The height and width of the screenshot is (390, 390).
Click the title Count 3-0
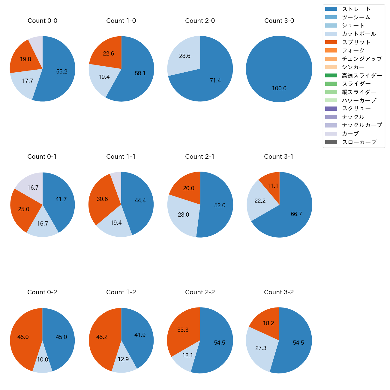(279, 21)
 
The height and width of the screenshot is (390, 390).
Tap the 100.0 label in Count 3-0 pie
(279, 88)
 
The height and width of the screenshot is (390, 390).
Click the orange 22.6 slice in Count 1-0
(108, 54)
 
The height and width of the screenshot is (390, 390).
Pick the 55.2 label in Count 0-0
(62, 71)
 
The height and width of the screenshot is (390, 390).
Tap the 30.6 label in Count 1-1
(102, 199)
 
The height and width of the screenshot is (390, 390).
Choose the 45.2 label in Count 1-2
(102, 337)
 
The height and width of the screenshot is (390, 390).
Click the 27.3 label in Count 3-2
(261, 348)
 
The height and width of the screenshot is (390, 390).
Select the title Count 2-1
(200, 157)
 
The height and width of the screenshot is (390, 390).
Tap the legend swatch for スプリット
(331, 42)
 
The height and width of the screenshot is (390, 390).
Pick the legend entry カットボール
(359, 34)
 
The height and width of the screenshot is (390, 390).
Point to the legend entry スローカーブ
(359, 142)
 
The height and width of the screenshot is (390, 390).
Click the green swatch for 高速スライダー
(331, 76)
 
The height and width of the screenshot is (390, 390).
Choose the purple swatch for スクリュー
(331, 109)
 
